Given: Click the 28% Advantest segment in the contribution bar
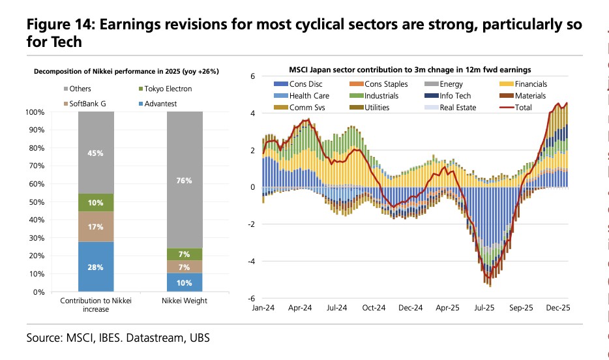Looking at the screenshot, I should (96, 266).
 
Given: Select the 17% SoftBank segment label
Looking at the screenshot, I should (96, 226).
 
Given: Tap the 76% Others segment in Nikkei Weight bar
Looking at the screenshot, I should (184, 181).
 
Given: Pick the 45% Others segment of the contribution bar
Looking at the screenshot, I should (96, 154).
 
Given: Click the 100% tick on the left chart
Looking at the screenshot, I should (35, 112).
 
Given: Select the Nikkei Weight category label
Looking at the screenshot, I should (184, 301).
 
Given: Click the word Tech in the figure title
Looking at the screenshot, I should (67, 42).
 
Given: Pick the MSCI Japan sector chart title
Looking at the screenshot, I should (409, 69).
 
